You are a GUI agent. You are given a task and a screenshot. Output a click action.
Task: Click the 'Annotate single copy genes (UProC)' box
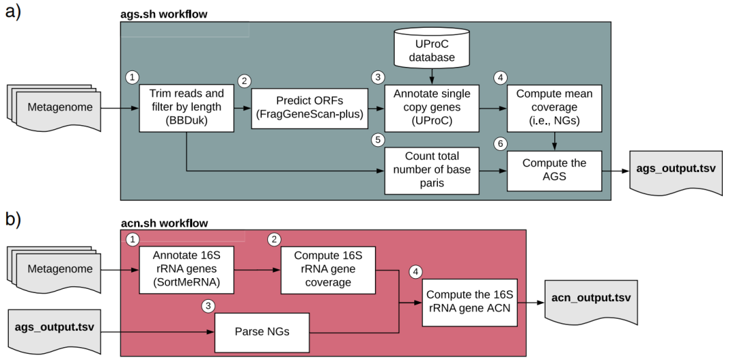(x=432, y=108)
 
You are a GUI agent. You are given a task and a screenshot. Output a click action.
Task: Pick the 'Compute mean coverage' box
(x=555, y=108)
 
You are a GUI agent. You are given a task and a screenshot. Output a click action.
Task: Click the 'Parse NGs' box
(x=262, y=332)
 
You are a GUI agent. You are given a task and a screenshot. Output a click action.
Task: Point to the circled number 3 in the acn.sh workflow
(x=208, y=307)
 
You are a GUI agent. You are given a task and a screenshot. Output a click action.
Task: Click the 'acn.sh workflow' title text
(x=164, y=223)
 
